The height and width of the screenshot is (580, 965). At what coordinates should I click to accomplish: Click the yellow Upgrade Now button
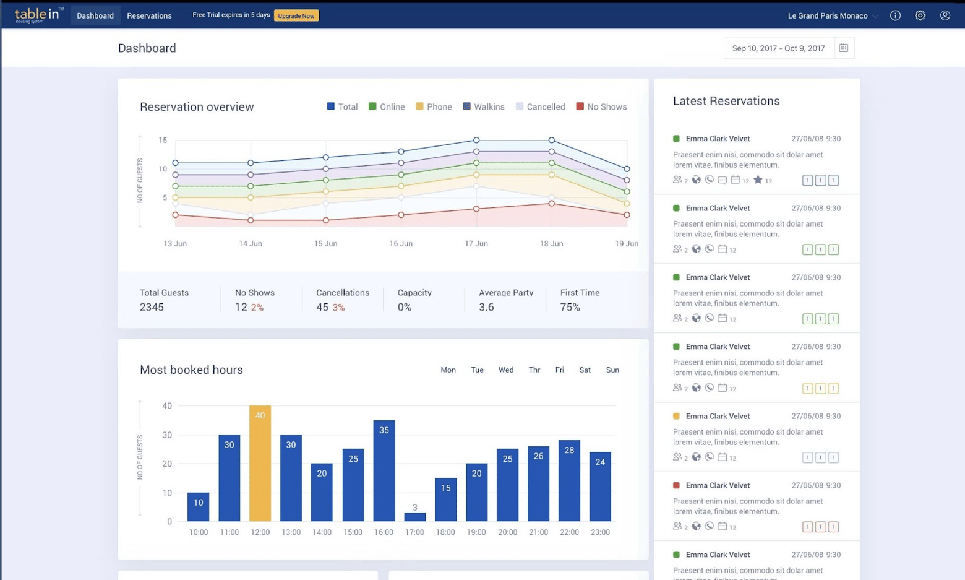point(296,15)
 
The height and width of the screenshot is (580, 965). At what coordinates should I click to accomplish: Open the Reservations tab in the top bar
point(149,15)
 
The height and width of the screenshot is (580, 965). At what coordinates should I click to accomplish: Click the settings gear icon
point(920,15)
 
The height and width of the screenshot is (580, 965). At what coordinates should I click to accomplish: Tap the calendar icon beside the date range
point(843,48)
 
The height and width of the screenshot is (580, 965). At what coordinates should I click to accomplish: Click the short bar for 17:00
point(414,516)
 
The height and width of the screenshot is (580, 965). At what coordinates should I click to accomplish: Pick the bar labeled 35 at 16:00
point(384,470)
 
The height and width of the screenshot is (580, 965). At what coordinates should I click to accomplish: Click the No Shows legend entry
point(601,106)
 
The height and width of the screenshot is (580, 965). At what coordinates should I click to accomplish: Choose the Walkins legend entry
point(484,106)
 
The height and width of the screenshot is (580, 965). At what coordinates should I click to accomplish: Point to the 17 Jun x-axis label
point(476,243)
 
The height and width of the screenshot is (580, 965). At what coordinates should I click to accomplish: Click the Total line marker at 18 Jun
point(551,141)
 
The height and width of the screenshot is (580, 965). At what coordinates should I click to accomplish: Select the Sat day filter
point(585,370)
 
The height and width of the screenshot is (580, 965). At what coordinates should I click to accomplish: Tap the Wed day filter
point(505,370)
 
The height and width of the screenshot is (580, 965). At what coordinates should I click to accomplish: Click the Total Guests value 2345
point(152,307)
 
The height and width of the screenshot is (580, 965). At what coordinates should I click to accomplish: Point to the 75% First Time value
point(570,307)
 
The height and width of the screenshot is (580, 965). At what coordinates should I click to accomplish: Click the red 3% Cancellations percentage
point(338,308)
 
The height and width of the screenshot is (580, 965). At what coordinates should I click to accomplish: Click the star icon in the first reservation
point(758,180)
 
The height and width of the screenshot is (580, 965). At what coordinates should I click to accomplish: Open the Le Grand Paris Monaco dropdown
point(833,15)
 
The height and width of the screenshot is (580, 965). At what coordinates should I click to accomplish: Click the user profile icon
point(945,15)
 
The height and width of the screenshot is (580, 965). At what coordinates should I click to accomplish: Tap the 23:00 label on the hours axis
point(599,532)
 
